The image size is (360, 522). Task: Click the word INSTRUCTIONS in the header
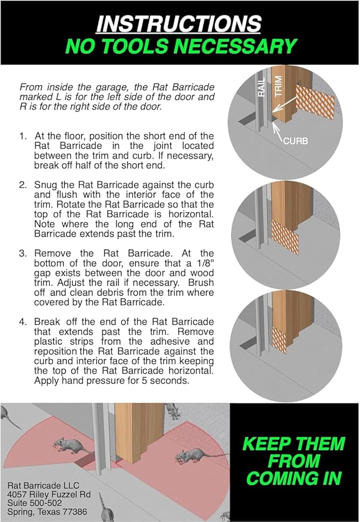(x=180, y=24)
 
